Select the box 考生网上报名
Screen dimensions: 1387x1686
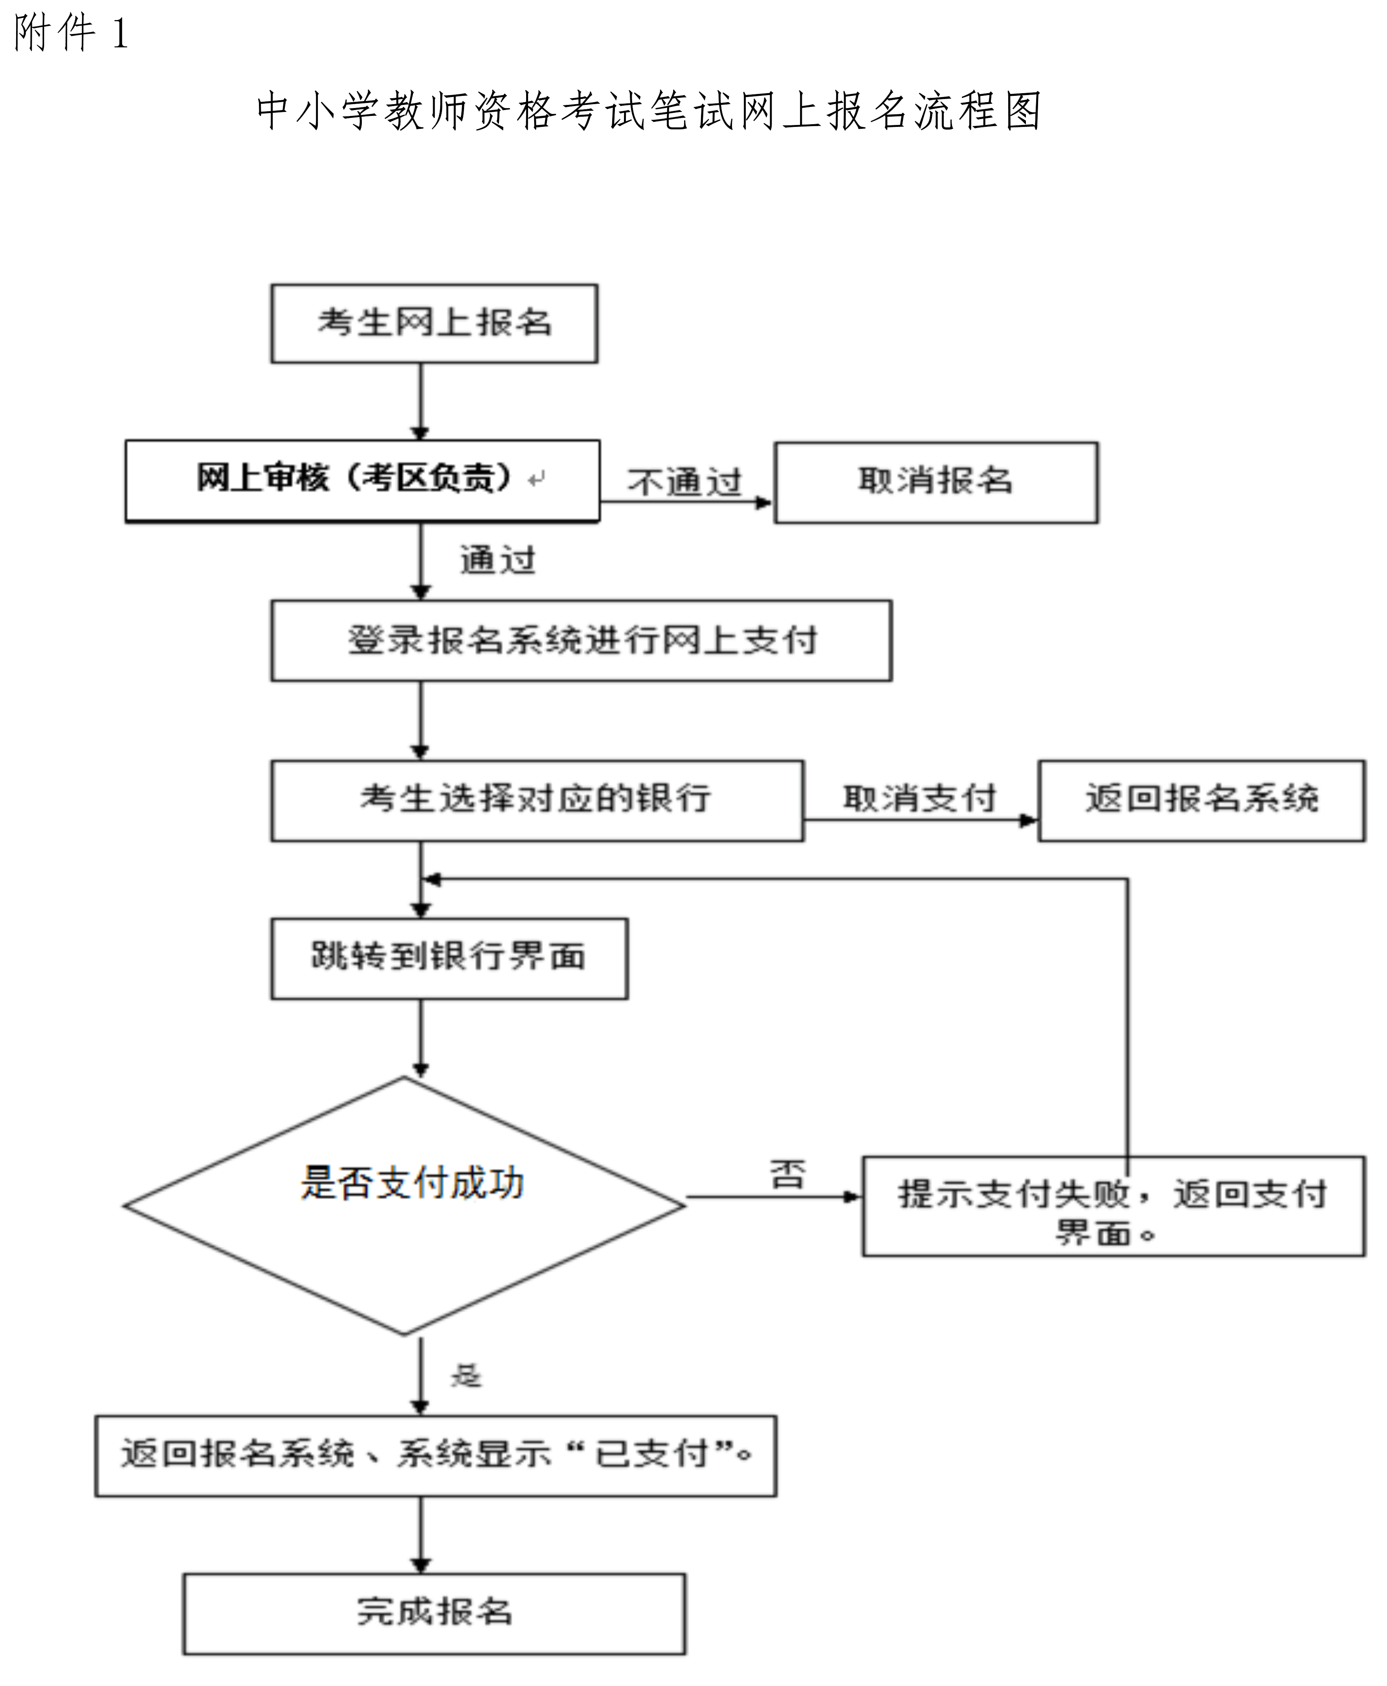pos(434,324)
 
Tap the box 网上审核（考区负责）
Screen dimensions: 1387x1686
pos(362,481)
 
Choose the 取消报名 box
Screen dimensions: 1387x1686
pos(936,483)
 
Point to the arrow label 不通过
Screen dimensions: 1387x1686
pos(685,483)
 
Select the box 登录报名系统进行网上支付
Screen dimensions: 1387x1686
pos(581,641)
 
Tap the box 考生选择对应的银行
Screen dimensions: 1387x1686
pos(537,801)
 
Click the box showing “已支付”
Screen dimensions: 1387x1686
pos(435,1456)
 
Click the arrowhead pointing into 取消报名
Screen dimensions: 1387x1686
pos(765,503)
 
